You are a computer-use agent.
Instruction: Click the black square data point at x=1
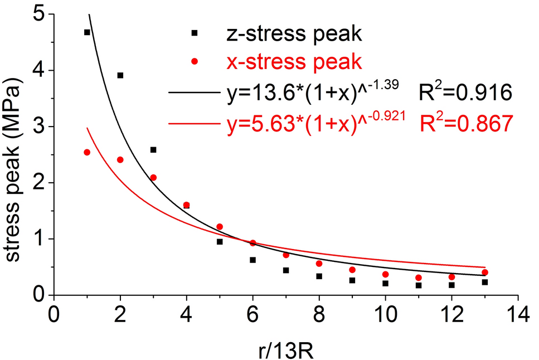tap(87, 32)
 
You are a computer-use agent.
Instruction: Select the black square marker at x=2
tap(120, 75)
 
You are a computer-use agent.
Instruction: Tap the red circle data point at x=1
tap(87, 152)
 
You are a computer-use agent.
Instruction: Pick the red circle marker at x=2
tap(120, 160)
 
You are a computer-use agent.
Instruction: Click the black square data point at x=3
tap(153, 149)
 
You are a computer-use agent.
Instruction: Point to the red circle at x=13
tap(485, 273)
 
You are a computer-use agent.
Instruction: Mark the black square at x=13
tap(485, 282)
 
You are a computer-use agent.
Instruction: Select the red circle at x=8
tap(319, 264)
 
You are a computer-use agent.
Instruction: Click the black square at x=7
tap(286, 270)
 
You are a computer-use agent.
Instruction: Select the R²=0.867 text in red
tap(465, 124)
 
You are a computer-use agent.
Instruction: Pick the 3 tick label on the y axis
tap(37, 127)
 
